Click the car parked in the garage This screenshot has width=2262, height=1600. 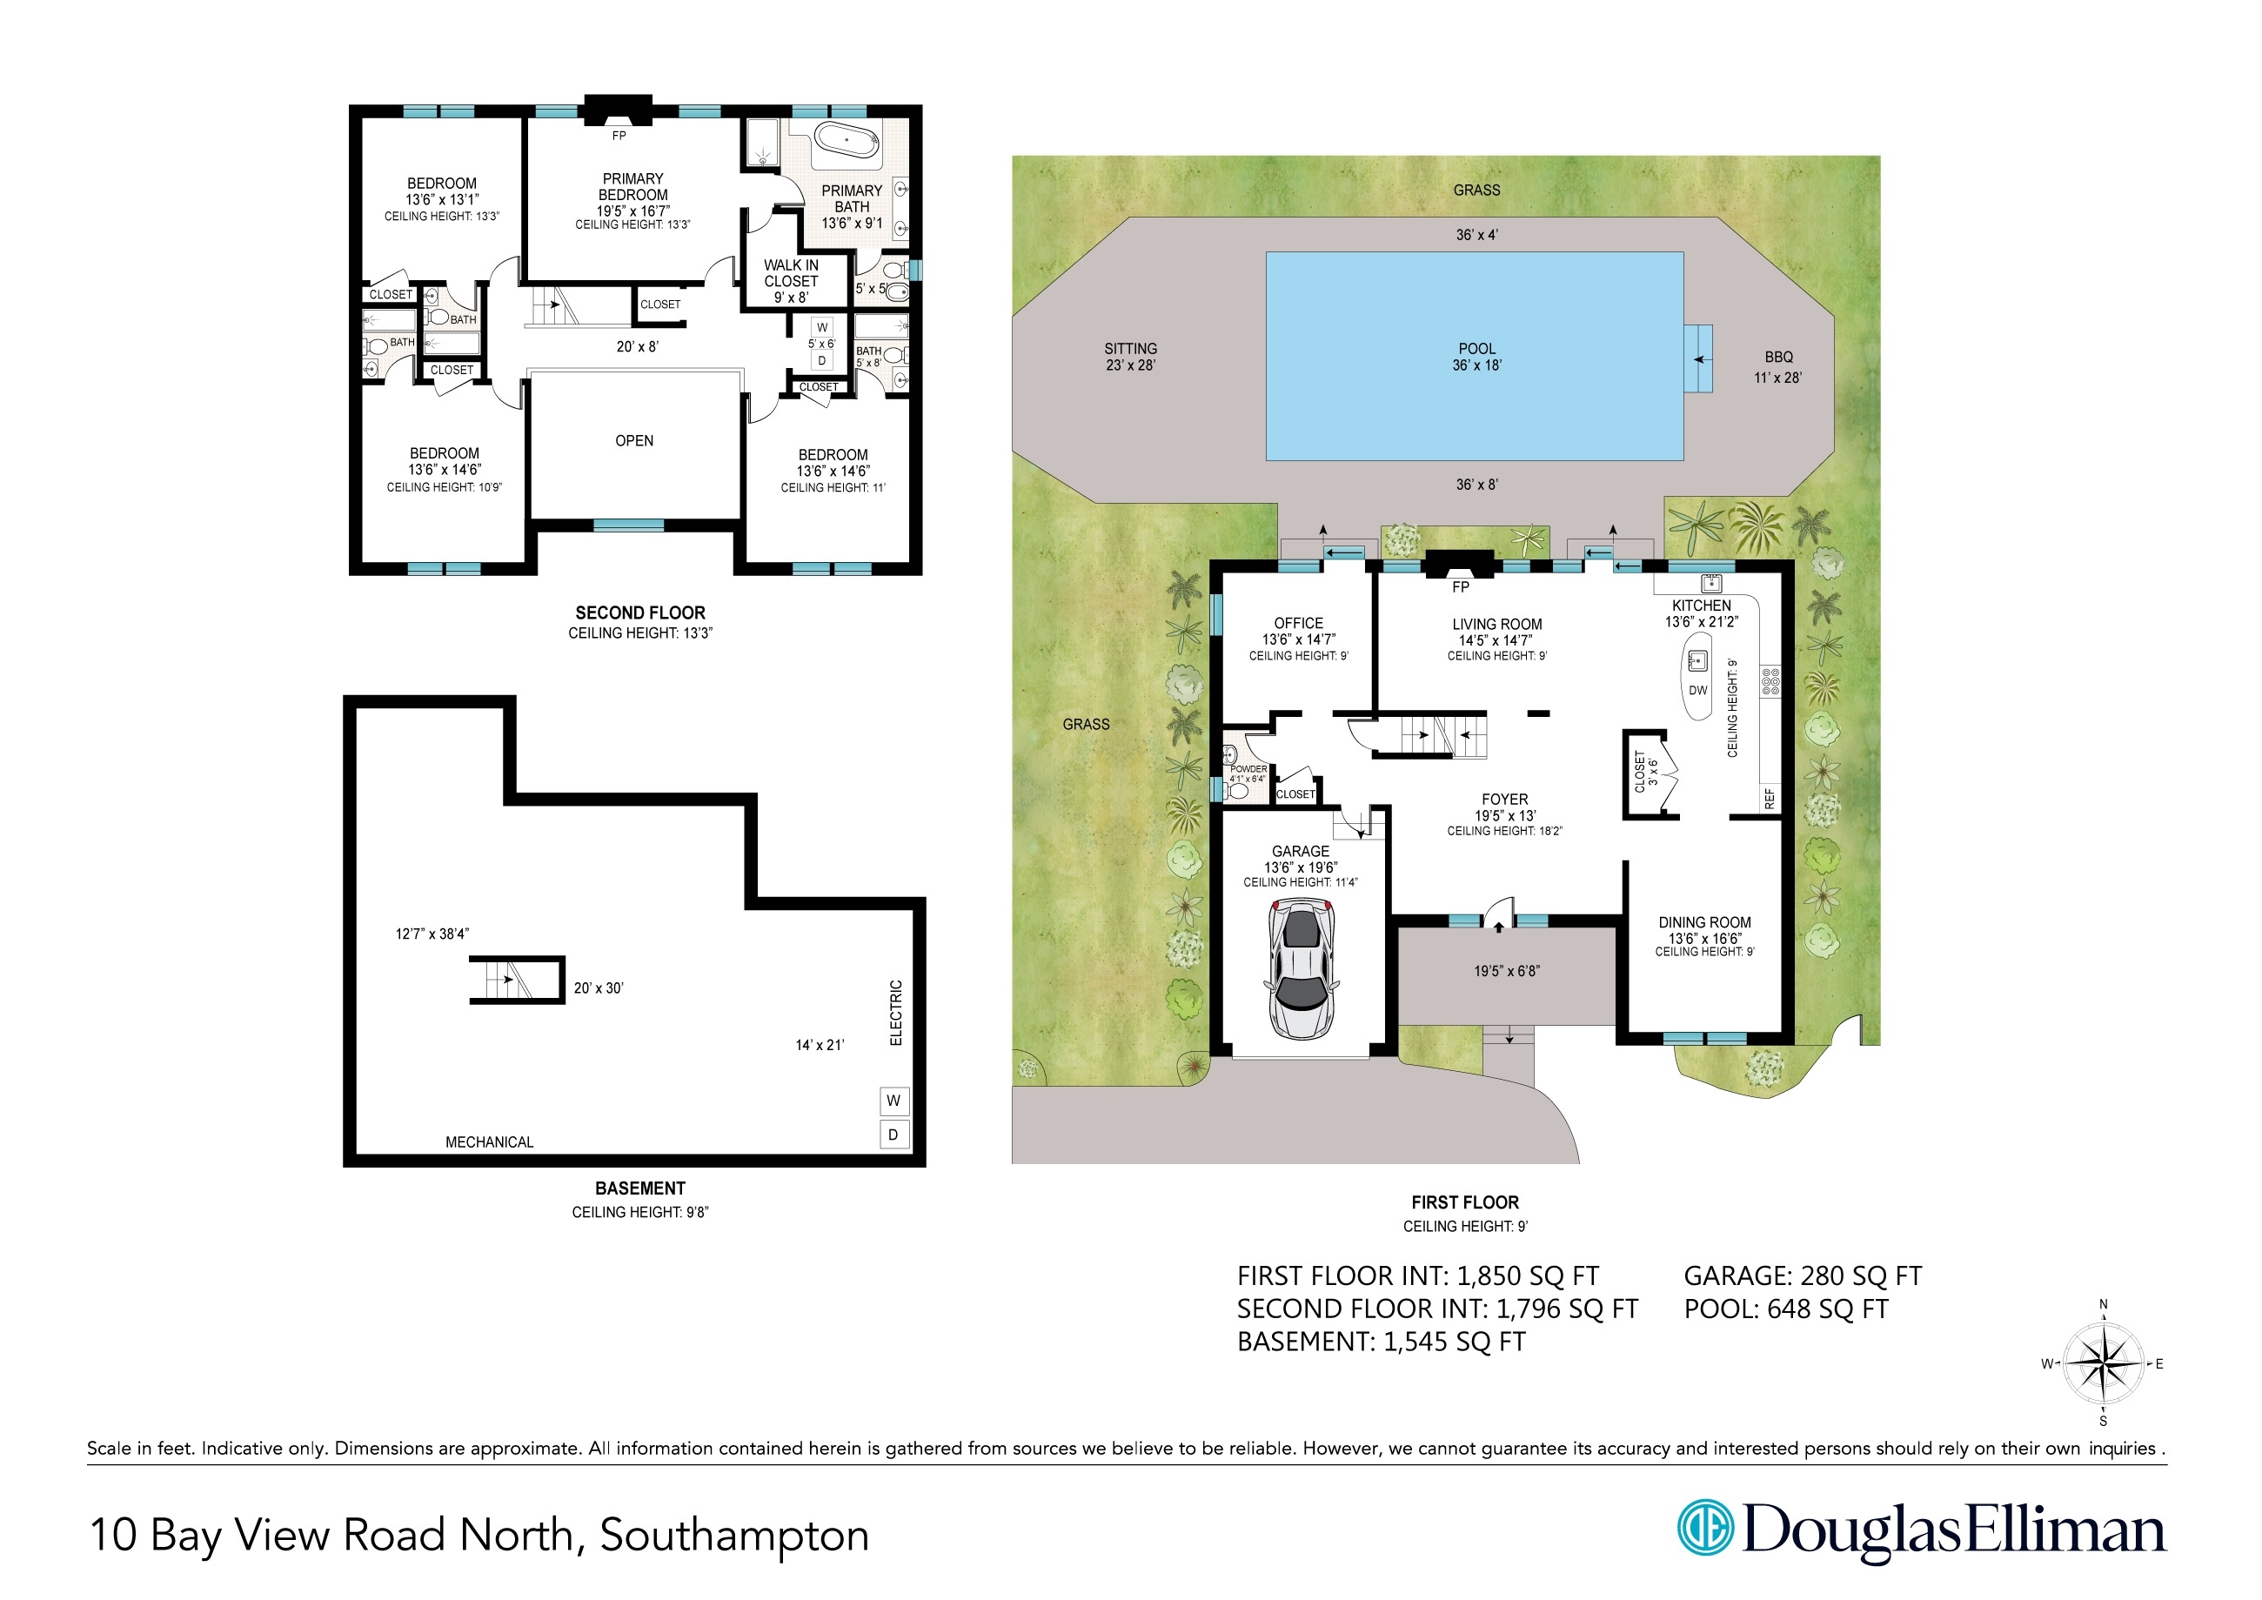click(1302, 970)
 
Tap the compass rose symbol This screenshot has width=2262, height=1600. click(2104, 1364)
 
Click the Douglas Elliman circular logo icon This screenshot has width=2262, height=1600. click(1705, 1529)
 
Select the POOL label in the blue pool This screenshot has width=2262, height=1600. click(1476, 349)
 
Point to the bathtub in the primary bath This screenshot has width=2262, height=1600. click(847, 142)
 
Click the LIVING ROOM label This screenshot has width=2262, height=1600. click(1496, 625)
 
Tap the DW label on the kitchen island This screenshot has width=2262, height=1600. click(1698, 691)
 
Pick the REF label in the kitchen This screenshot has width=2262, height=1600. click(1770, 799)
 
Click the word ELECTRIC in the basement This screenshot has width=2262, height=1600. click(895, 1013)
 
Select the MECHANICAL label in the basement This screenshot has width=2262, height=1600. click(490, 1141)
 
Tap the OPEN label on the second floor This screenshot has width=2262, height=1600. click(634, 440)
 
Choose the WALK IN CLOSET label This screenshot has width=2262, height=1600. click(791, 273)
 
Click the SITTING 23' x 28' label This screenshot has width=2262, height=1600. click(1131, 357)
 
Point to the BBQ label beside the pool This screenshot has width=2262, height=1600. click(1779, 358)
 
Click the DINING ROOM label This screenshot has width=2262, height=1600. click(1705, 923)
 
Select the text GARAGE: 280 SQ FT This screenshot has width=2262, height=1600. click(1803, 1275)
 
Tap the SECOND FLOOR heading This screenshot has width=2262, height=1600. click(640, 613)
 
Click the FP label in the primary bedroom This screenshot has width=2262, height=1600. click(619, 136)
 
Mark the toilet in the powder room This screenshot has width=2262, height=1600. click(1236, 790)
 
